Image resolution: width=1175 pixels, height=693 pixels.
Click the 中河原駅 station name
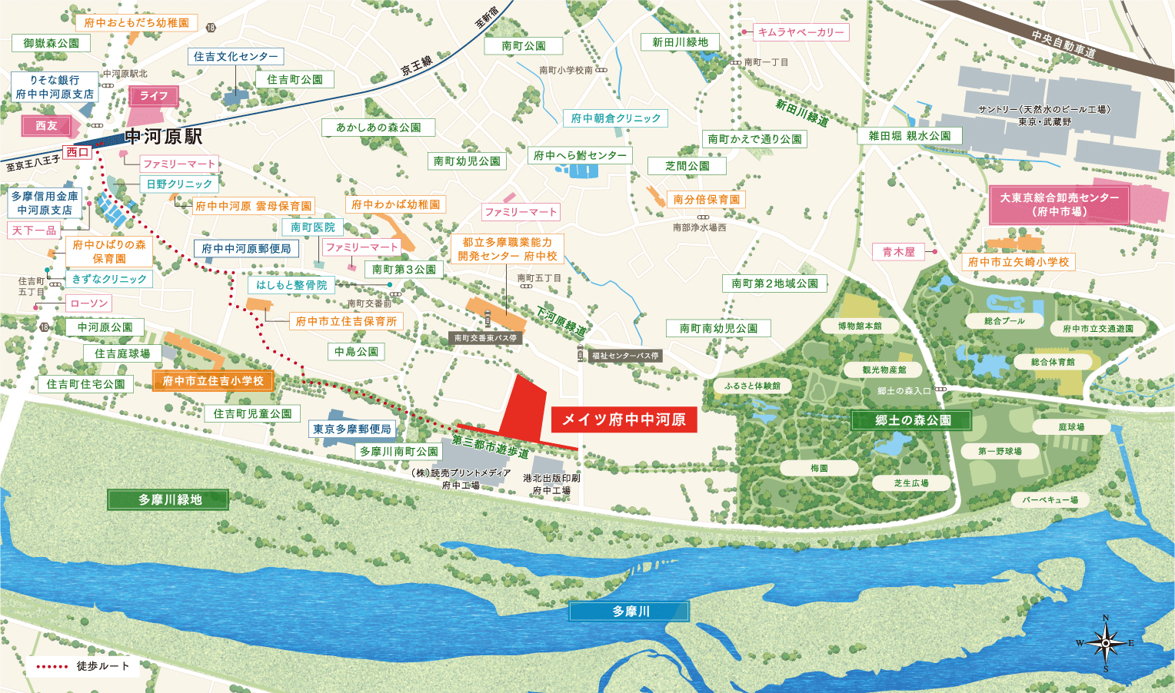coord(164,137)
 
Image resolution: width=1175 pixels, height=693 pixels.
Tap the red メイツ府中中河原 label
coord(624,419)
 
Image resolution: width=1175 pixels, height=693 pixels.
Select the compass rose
coord(1106,643)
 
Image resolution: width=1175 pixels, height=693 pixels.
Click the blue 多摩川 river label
coord(630,612)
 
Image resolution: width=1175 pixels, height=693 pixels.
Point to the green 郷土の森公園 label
coord(912,420)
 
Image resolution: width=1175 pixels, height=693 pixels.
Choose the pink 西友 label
coord(47,126)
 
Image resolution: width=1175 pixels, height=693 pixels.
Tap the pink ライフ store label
coord(154,96)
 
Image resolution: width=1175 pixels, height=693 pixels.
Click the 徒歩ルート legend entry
coord(85,666)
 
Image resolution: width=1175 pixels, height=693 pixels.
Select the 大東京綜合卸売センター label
coord(1059,204)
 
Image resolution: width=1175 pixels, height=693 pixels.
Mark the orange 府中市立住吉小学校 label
coord(213,381)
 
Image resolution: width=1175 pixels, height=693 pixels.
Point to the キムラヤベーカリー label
coord(801,32)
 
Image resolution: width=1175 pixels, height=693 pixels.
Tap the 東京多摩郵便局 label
coord(352,429)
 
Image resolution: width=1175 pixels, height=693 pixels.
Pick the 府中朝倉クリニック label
coord(616,118)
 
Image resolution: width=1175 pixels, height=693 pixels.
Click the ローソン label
coord(89,303)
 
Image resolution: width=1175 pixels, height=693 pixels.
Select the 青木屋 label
coord(898,252)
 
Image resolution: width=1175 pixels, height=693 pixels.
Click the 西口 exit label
coord(77,152)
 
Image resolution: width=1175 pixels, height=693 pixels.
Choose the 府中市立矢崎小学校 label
coord(1018,262)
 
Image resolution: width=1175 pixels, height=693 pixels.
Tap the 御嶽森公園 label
coord(52,43)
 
